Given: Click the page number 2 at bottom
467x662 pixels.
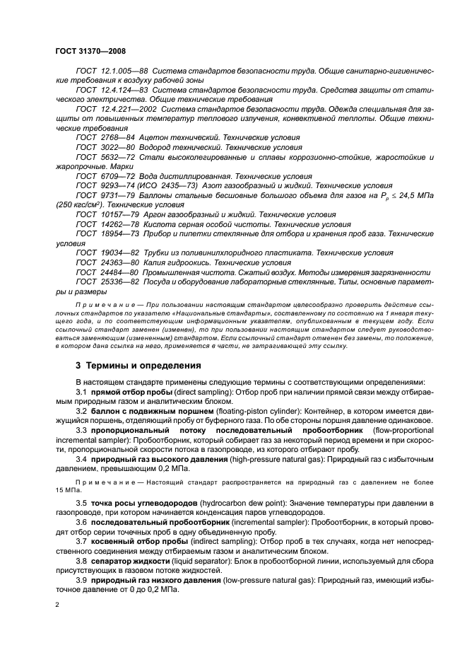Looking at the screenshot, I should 57,605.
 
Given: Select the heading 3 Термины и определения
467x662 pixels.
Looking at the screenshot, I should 129,366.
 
